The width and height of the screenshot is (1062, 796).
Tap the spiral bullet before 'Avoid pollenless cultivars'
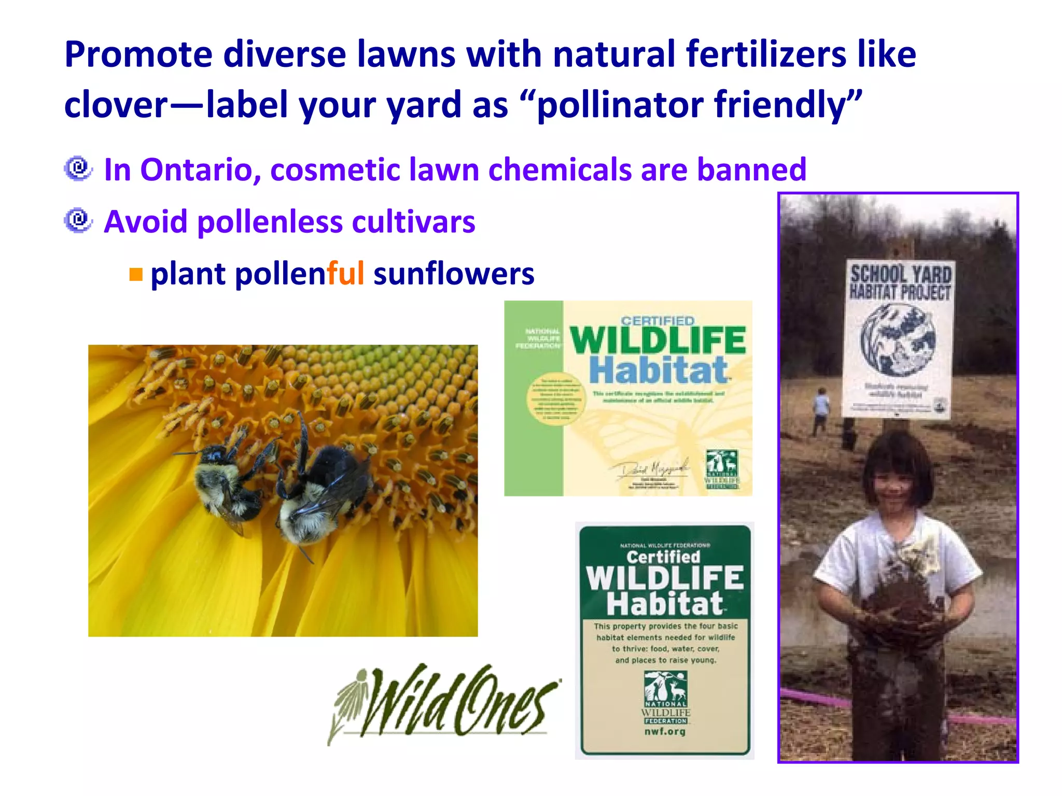(78, 221)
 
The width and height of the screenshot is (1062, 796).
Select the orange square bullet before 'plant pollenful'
(136, 274)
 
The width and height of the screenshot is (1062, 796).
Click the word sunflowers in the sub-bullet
(454, 274)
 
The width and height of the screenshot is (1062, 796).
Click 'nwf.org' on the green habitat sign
(665, 732)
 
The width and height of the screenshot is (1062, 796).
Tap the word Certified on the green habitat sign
(663, 557)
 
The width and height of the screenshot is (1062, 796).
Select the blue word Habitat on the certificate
(659, 370)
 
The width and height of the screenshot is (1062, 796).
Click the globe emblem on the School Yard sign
(898, 339)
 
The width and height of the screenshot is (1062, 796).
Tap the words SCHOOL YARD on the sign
(901, 274)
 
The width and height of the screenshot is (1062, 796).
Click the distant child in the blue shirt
(821, 409)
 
